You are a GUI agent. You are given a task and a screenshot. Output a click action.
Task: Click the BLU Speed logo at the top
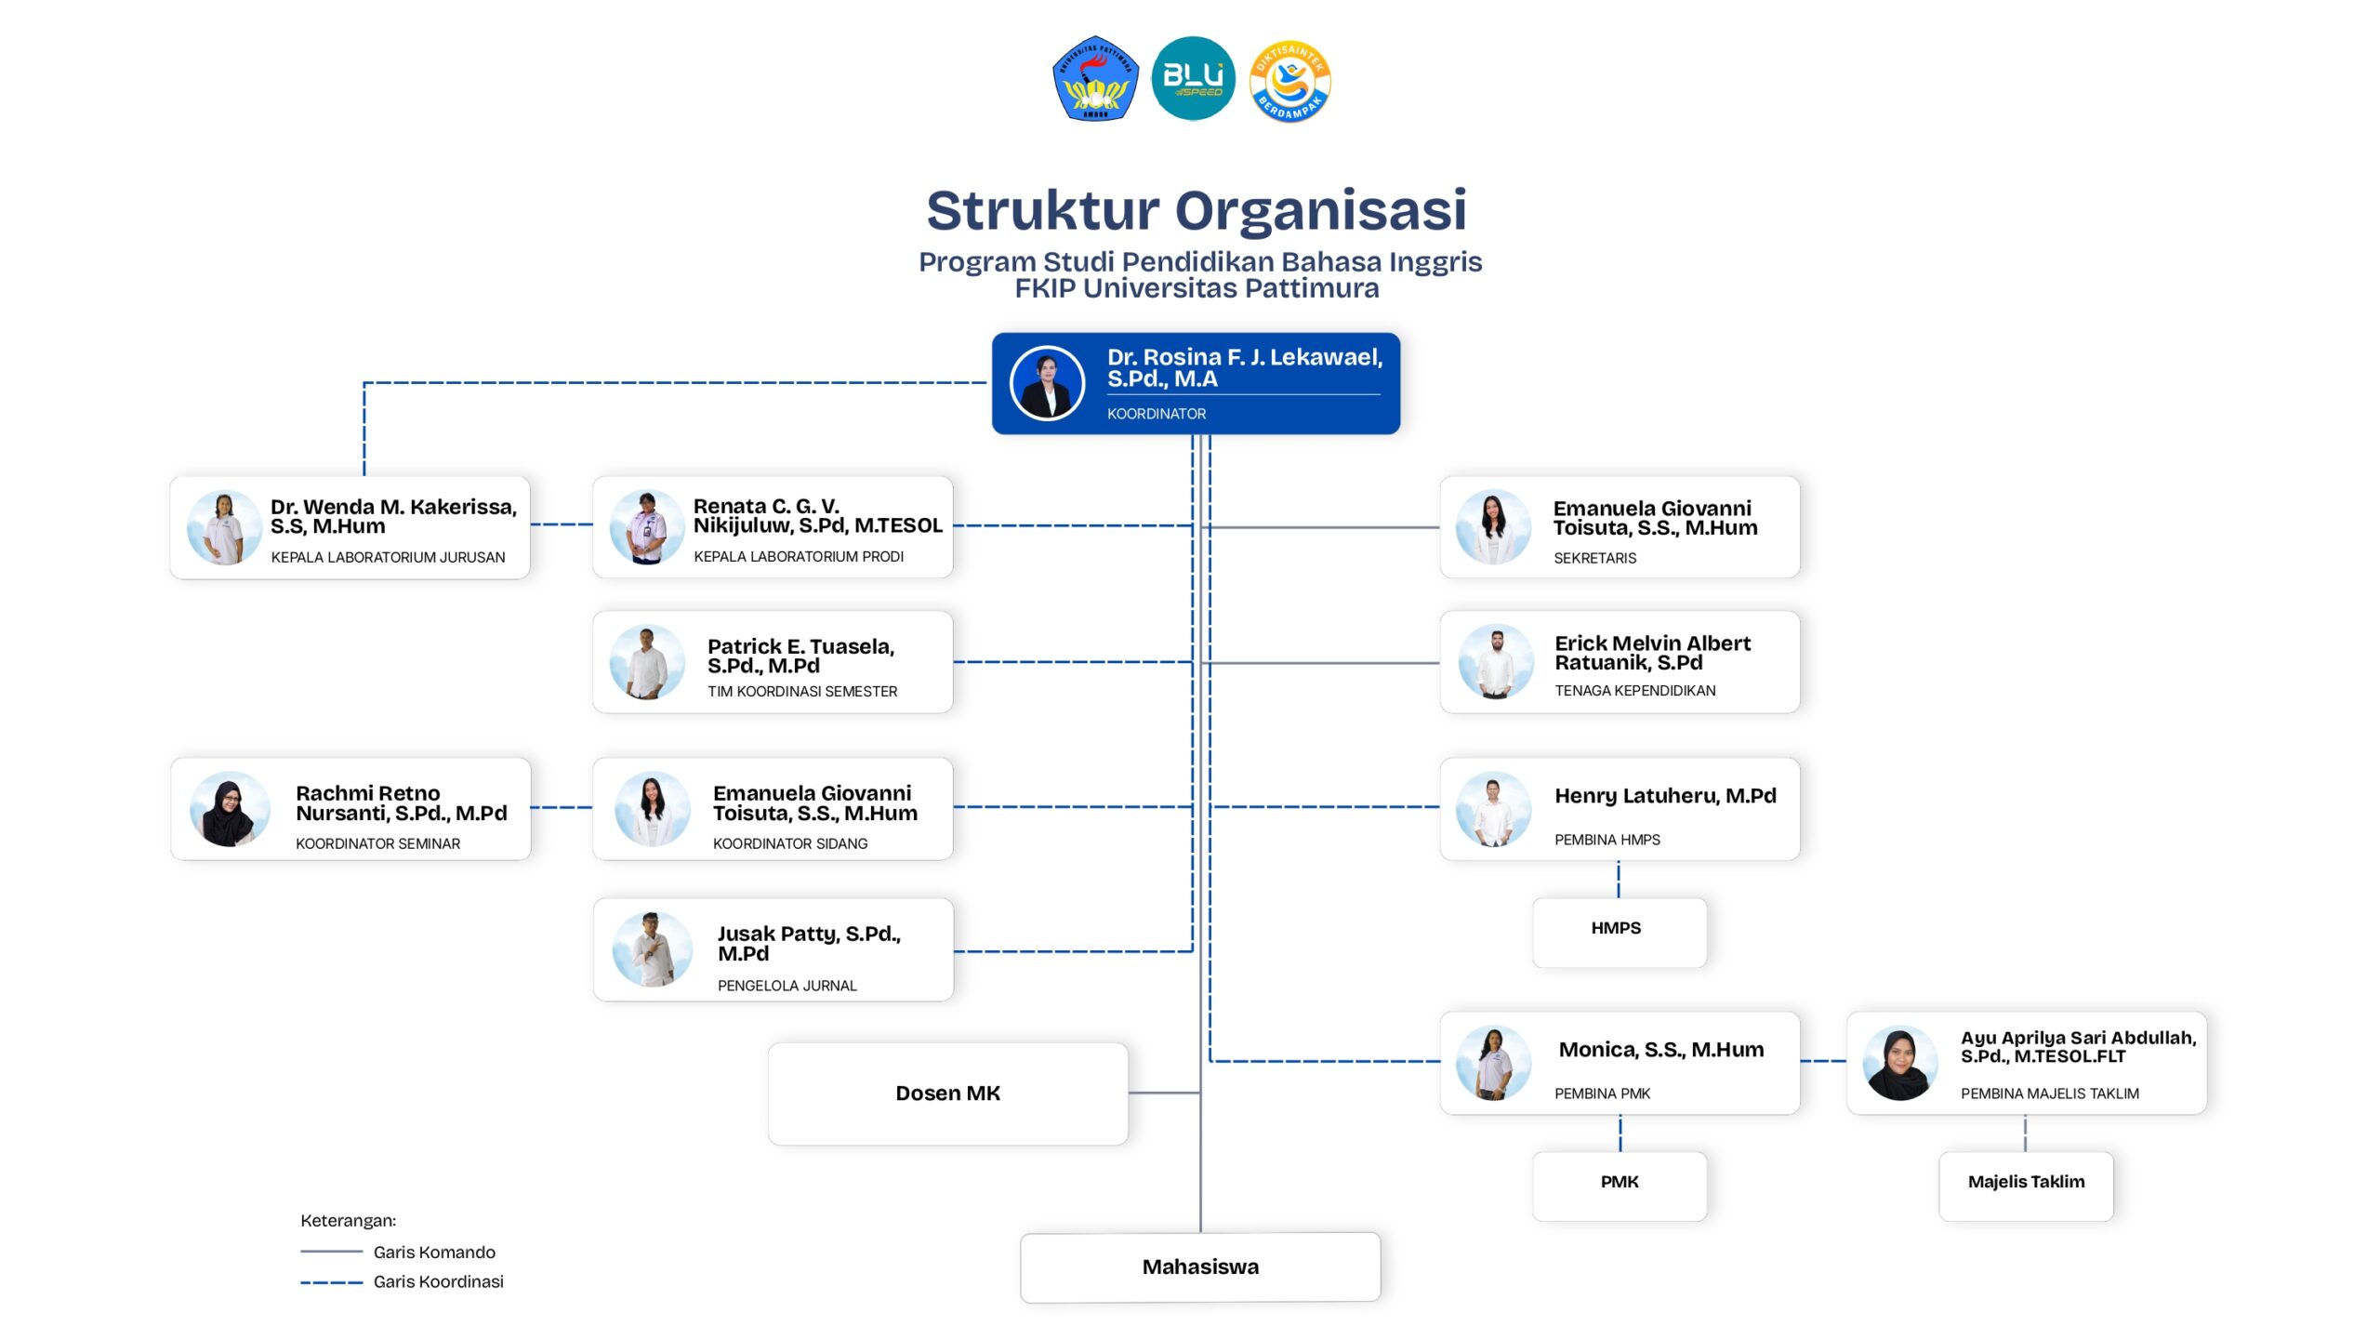tap(1193, 78)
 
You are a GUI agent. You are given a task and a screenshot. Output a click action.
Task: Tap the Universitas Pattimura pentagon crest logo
tap(1095, 78)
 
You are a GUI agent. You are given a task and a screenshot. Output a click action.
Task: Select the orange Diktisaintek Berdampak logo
tap(1289, 81)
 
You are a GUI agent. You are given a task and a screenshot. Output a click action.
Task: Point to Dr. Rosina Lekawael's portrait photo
tap(1047, 383)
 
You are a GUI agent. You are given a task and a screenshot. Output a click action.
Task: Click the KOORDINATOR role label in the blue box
tap(1156, 414)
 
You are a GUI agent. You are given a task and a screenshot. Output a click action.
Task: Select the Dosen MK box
tap(947, 1094)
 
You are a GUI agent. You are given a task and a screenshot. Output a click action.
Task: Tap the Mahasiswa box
tap(1199, 1266)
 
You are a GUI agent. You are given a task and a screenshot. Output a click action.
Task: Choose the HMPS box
tap(1619, 932)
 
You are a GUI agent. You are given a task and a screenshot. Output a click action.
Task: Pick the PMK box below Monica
tap(1619, 1186)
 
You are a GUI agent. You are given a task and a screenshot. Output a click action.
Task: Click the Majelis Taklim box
tap(2025, 1186)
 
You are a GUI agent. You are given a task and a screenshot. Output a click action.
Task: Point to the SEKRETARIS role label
tap(1594, 558)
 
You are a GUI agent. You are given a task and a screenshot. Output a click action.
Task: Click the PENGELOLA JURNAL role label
tap(787, 986)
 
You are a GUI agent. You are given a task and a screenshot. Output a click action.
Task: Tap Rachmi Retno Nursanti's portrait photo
tap(229, 809)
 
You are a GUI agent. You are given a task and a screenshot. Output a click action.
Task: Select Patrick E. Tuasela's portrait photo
tap(647, 662)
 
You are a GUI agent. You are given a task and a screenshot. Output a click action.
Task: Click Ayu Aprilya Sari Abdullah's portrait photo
tap(1899, 1064)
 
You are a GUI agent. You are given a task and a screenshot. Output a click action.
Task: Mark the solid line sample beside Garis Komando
tap(331, 1252)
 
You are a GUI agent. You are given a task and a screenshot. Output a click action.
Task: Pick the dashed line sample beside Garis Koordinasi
tap(331, 1282)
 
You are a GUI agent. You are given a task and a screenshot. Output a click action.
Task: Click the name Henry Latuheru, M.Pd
tap(1665, 797)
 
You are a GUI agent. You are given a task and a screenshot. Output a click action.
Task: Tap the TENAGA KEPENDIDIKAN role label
tap(1634, 691)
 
